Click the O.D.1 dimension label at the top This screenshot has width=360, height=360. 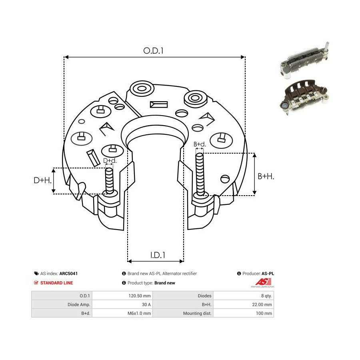pos(153,50)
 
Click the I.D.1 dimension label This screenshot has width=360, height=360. pos(158,255)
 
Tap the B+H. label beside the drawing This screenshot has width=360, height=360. pos(266,176)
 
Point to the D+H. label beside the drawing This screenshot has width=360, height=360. pos(42,180)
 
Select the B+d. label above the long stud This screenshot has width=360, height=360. pos(200,144)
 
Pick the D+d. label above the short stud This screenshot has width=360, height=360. pos(110,160)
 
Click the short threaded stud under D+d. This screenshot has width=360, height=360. pos(109,180)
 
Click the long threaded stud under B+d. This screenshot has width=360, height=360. pos(200,174)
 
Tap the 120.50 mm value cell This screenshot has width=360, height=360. pos(140,296)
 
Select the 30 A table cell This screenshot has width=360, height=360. pos(146,304)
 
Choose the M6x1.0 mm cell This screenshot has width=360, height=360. pos(139,313)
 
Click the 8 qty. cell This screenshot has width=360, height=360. pos(266,296)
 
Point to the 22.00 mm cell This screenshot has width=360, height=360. pos(262,304)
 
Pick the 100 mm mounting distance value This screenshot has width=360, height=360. pos(264,313)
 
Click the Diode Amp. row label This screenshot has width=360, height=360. pos(79,304)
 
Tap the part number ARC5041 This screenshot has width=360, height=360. pos(68,274)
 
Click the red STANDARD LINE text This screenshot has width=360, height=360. pos(56,283)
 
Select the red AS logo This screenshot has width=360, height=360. pos(263,282)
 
